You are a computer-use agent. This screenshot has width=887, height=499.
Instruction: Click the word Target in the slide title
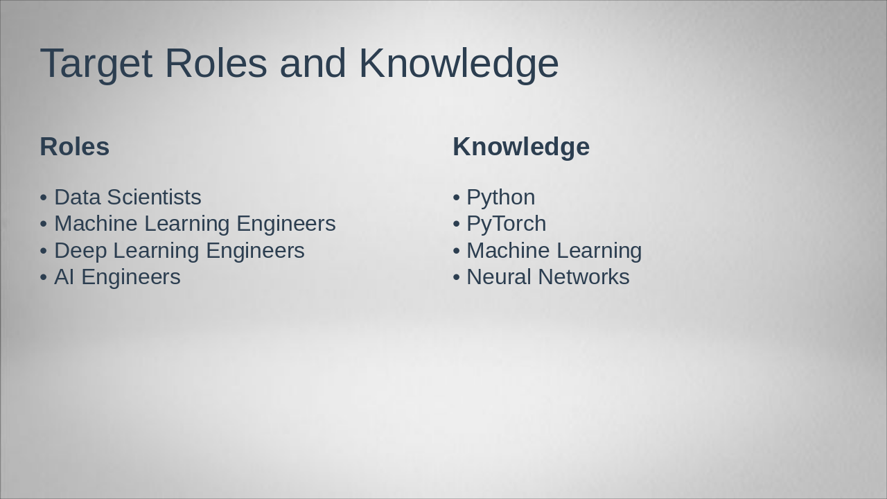pos(96,64)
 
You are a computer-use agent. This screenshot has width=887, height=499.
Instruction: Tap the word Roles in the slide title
pos(216,64)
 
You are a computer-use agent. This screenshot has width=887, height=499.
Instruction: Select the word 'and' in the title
pos(313,64)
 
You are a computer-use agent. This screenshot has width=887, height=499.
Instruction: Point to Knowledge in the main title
pos(459,64)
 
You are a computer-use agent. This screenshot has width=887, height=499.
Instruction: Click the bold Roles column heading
pos(75,147)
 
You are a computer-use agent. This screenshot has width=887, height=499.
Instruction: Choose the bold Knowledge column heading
pos(521,147)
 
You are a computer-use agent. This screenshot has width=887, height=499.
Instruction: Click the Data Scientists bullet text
pos(128,198)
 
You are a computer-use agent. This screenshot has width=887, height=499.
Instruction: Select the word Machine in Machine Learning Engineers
pos(96,224)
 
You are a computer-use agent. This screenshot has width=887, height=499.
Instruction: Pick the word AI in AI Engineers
pos(64,277)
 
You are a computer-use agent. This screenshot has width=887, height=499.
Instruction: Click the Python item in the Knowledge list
pos(500,198)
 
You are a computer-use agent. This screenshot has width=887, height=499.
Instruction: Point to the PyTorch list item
pos(506,224)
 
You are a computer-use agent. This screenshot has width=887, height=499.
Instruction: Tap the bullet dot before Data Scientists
pos(44,198)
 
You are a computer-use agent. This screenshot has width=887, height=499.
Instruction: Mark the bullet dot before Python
pos(456,198)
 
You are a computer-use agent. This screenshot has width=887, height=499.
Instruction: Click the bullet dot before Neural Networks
pos(456,277)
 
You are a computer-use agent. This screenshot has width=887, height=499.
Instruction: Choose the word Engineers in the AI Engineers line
pos(131,277)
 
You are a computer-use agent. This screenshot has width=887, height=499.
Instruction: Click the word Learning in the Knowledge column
pos(599,250)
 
